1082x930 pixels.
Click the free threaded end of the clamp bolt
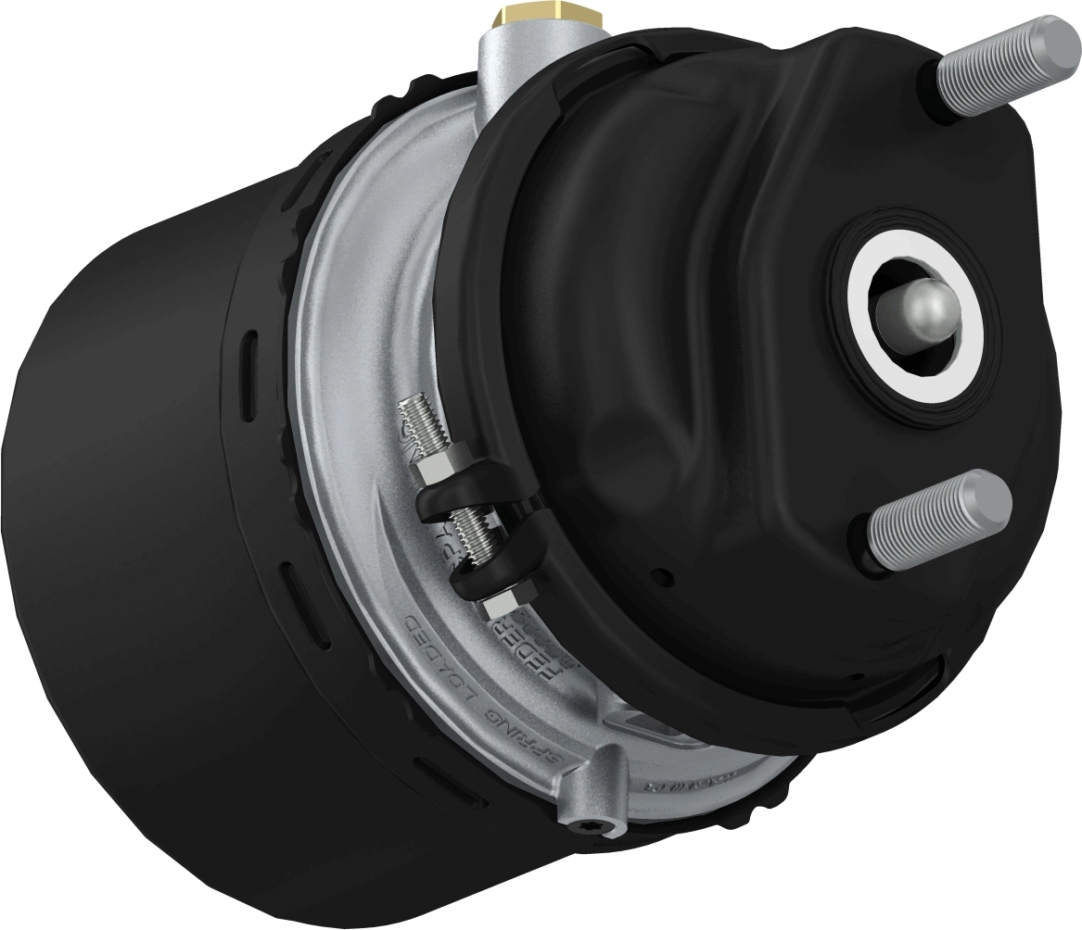click(x=413, y=417)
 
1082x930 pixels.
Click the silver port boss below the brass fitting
click(x=501, y=65)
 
